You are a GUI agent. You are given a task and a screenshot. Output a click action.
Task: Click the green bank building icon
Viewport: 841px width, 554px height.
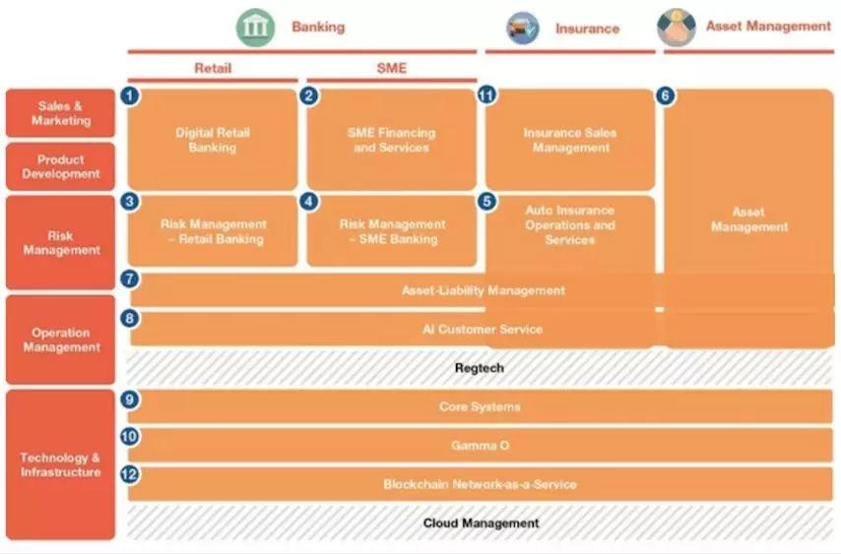(x=255, y=28)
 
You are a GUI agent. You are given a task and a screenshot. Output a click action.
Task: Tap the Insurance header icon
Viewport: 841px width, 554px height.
(x=522, y=29)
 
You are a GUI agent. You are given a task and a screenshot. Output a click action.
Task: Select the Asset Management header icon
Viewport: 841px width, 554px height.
(x=677, y=28)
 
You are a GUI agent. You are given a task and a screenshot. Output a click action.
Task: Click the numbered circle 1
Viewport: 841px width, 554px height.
(x=130, y=95)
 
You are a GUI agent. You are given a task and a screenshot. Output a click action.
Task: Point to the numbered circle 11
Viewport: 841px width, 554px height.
(x=486, y=95)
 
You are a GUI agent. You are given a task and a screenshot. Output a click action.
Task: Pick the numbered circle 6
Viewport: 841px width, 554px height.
(x=665, y=95)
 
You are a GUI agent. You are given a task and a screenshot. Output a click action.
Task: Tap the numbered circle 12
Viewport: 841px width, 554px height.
(x=129, y=474)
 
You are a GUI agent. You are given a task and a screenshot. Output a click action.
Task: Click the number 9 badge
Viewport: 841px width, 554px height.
(x=129, y=400)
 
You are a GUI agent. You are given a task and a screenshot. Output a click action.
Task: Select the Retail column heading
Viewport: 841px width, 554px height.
(x=213, y=68)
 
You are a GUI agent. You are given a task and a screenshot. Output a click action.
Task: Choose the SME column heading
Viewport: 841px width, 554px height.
(x=392, y=68)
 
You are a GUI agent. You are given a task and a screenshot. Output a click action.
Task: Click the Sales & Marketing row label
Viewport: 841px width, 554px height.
(x=61, y=113)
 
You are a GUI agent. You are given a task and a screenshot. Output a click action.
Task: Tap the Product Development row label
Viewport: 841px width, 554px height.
(x=61, y=166)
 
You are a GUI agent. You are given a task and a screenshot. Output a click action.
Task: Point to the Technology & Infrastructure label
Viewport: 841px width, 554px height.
(x=61, y=464)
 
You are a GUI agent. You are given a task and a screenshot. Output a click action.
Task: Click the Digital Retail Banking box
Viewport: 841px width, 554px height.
(x=213, y=140)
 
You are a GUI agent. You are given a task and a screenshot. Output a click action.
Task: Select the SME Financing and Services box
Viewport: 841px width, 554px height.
(x=392, y=140)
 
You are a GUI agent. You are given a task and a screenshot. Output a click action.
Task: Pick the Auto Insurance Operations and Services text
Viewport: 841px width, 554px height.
(x=570, y=225)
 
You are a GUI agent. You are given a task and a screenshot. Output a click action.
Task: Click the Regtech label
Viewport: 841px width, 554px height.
(x=479, y=368)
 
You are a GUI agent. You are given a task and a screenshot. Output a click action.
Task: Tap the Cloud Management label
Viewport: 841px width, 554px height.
(x=481, y=523)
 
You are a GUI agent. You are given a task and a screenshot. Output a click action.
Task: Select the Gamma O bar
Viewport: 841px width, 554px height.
(x=480, y=445)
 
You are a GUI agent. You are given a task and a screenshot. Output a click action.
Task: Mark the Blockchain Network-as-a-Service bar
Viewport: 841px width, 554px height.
(x=480, y=484)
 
